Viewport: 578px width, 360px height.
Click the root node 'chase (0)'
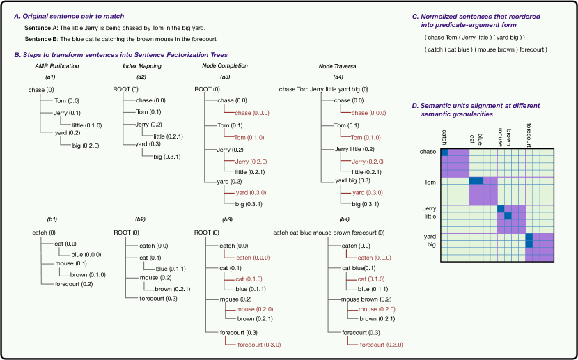click(x=41, y=90)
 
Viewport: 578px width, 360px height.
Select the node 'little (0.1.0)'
click(x=87, y=125)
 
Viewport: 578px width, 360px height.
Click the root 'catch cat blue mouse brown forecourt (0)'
click(x=334, y=233)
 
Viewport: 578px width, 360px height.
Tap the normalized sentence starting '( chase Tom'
click(x=474, y=37)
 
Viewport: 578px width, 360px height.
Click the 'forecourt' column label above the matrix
click(x=529, y=134)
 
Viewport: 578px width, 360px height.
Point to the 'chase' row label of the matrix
click(x=428, y=152)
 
